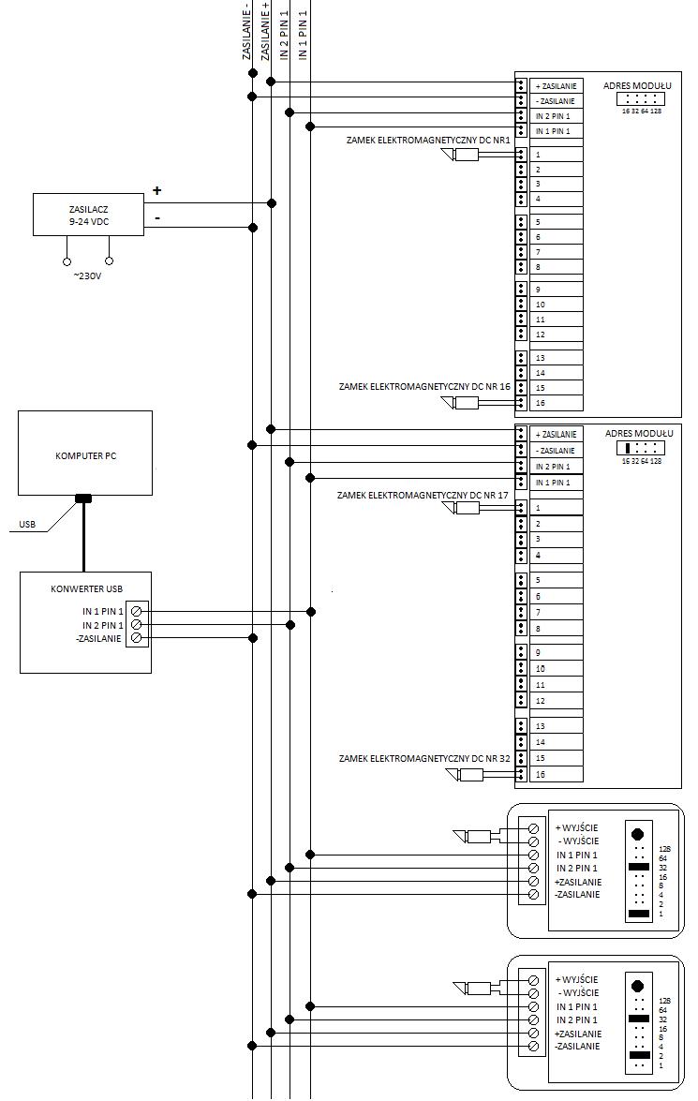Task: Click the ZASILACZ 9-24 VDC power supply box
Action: click(x=88, y=215)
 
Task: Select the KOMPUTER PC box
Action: click(x=85, y=453)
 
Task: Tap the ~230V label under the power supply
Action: click(x=88, y=275)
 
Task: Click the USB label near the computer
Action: click(x=27, y=524)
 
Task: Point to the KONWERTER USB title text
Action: click(x=86, y=588)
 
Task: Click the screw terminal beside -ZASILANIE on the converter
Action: click(x=136, y=637)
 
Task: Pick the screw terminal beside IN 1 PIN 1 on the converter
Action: click(x=136, y=611)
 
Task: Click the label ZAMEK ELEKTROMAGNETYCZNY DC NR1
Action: click(x=427, y=141)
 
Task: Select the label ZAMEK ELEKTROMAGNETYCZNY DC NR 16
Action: click(x=424, y=386)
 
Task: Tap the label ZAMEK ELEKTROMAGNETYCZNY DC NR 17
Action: click(x=423, y=495)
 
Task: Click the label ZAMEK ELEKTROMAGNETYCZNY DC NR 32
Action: click(x=424, y=758)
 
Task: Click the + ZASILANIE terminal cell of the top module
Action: click(x=557, y=85)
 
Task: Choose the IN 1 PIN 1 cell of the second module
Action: click(x=557, y=483)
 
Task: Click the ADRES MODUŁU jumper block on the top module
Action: click(x=641, y=99)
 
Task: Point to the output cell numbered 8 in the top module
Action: click(x=557, y=268)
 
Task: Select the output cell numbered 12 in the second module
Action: click(x=557, y=701)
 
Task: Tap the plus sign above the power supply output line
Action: click(x=157, y=190)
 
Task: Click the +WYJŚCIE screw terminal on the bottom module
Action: click(x=533, y=979)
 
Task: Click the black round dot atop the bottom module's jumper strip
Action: click(x=638, y=986)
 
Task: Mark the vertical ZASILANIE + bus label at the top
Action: click(x=265, y=30)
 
